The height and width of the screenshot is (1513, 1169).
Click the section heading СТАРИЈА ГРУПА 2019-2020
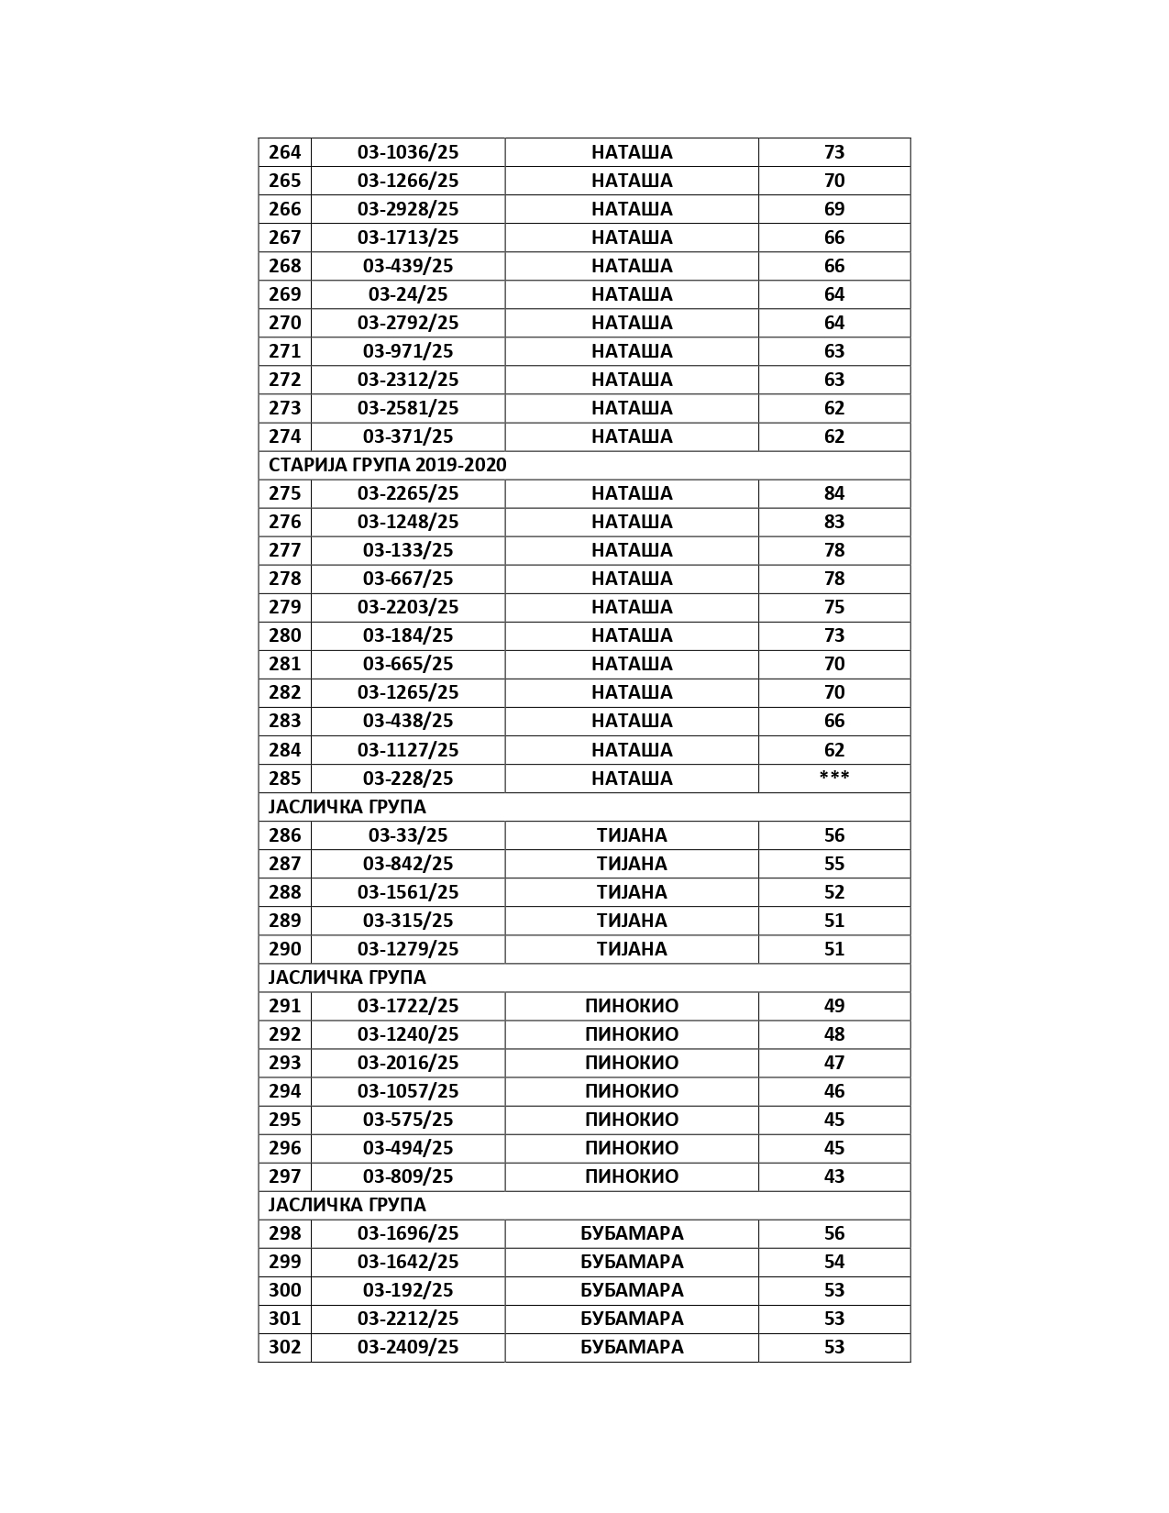[387, 465]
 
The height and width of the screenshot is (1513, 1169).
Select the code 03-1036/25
[408, 152]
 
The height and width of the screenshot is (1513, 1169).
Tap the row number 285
[284, 779]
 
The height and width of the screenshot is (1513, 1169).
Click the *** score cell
[833, 779]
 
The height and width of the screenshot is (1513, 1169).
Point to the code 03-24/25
[408, 294]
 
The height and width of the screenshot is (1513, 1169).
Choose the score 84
[833, 493]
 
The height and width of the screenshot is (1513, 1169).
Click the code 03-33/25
[408, 835]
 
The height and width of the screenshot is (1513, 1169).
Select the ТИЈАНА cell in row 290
[632, 949]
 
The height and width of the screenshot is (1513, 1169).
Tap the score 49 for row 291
[833, 1006]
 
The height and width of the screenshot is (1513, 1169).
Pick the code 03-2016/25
[408, 1063]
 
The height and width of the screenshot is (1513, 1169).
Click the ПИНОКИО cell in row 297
[632, 1176]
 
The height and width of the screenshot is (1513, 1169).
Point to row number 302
[284, 1347]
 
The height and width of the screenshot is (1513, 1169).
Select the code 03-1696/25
[408, 1233]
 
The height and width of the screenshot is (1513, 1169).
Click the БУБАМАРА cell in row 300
[632, 1290]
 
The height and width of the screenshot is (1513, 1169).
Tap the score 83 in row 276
[833, 522]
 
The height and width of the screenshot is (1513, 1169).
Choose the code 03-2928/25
[408, 209]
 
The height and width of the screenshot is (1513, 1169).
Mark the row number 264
[284, 152]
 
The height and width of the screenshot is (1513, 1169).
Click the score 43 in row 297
[833, 1176]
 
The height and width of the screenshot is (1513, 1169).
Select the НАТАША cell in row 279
[632, 607]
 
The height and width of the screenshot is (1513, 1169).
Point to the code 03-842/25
[408, 864]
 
